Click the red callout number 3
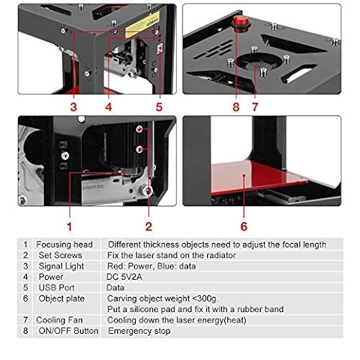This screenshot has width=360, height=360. point(73,107)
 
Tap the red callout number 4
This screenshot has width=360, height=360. point(109,107)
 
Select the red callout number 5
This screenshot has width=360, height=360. point(159,107)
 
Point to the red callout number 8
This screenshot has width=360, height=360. point(236,107)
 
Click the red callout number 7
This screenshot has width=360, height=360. point(255,107)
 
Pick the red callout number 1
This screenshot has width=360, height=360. point(70,226)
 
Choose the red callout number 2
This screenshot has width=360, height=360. point(148,226)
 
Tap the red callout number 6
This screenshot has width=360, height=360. point(244,226)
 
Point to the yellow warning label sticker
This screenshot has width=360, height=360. point(142,25)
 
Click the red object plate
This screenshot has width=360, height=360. point(257,177)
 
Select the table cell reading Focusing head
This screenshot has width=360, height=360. point(64,244)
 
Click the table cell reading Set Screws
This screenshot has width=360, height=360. point(60,255)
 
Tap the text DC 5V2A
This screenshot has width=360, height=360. point(124,277)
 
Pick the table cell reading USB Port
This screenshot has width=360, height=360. point(56,287)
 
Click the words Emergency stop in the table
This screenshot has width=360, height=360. point(139,331)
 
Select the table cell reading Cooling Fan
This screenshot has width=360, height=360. point(59,320)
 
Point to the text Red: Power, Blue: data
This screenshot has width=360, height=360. point(151,266)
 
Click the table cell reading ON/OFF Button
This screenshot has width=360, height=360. point(68,331)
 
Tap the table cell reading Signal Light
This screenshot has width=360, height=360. point(61,266)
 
